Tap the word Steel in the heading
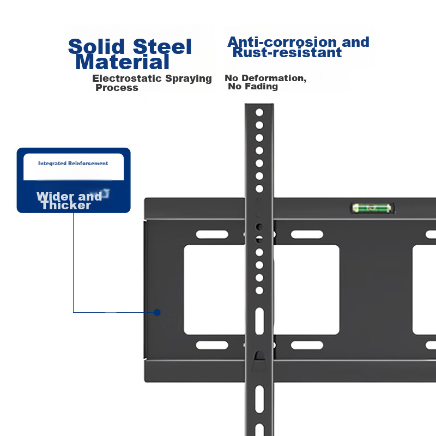coord(162,47)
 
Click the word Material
coord(123,62)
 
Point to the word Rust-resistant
coord(287,53)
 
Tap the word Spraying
coord(189,79)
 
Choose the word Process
coord(117,88)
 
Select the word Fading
coord(261,87)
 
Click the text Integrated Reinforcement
coord(73,163)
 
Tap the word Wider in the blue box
coord(52,196)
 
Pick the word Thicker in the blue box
coord(66,205)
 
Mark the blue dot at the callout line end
coord(157,312)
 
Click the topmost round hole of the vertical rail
coord(259,112)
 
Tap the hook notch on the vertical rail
coord(259,356)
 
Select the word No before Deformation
coord(232,78)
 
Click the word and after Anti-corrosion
coord(355,42)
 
